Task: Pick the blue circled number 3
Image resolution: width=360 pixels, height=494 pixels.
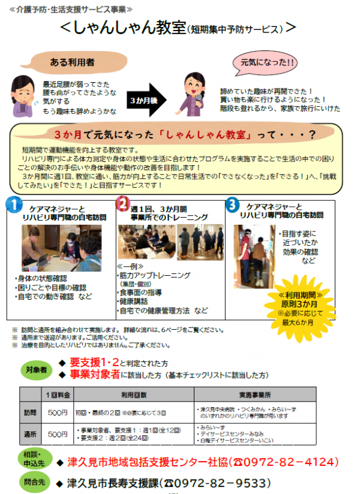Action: pyautogui.click(x=233, y=204)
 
